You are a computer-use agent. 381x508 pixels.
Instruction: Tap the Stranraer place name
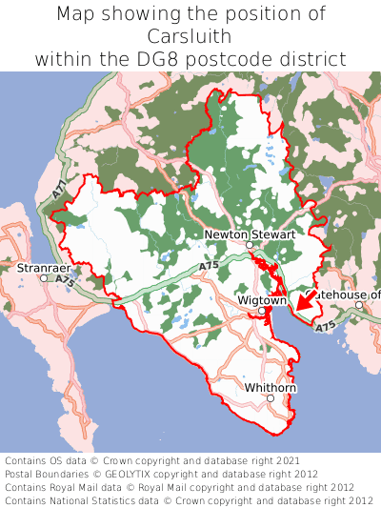[44, 269]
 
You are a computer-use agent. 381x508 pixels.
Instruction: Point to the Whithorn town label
[271, 388]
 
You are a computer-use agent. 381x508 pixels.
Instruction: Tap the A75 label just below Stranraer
[65, 281]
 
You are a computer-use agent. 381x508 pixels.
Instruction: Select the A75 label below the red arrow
[325, 327]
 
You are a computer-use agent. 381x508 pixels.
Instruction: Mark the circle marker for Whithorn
[271, 398]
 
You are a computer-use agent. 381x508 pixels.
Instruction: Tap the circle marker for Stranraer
[44, 278]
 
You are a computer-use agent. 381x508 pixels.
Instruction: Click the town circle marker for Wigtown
[262, 311]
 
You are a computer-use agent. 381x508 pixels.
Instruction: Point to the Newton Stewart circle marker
[250, 245]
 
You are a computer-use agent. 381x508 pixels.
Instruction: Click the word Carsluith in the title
[190, 36]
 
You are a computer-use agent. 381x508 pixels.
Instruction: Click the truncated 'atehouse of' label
[349, 295]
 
